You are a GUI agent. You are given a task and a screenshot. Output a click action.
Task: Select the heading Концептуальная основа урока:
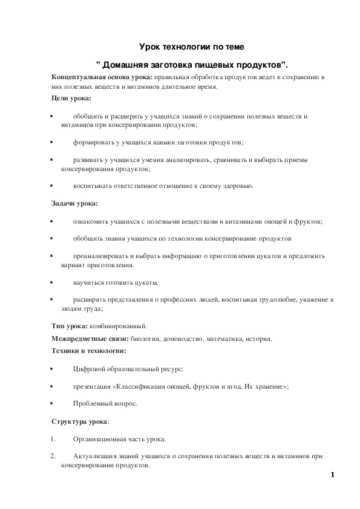(102, 79)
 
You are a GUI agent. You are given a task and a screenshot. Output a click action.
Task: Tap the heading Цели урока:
(71, 98)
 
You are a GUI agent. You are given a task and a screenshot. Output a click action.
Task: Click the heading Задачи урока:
(74, 204)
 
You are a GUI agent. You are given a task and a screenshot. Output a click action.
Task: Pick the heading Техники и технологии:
(89, 351)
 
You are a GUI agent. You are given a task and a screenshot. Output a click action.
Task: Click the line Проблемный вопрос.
(97, 403)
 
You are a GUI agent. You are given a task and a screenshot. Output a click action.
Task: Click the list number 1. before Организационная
(53, 439)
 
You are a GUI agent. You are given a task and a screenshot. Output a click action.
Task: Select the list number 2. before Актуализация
(53, 456)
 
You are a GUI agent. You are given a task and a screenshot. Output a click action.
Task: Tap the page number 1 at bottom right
(332, 475)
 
